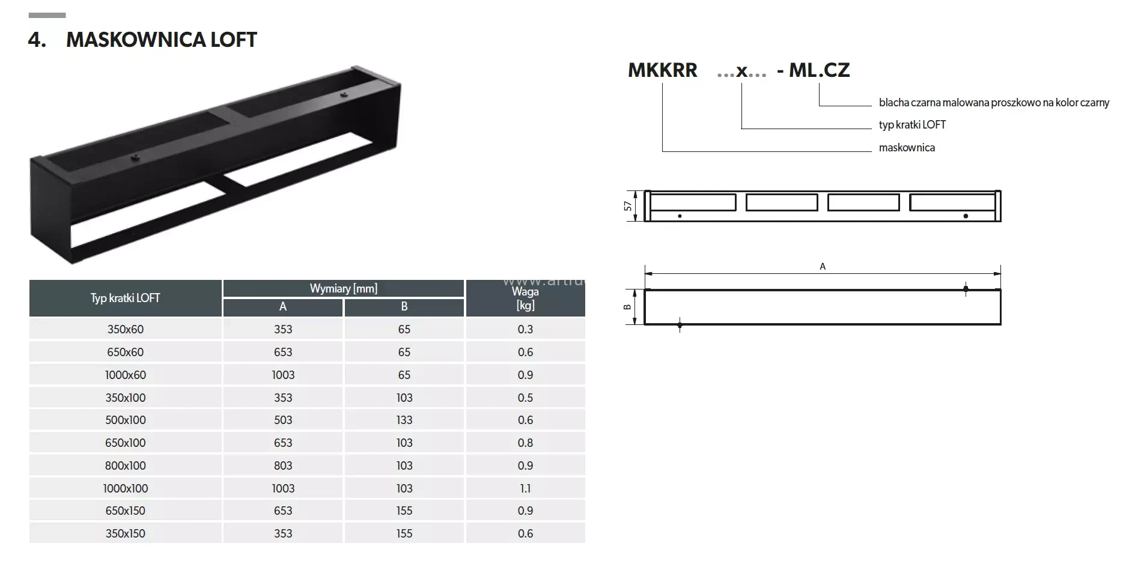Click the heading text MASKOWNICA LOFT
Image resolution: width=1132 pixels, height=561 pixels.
161,40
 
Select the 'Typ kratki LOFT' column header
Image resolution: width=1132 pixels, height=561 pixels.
125,298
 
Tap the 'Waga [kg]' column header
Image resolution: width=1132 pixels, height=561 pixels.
525,298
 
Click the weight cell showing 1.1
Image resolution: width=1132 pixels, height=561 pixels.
525,488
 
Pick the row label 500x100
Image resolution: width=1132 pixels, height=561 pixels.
125,420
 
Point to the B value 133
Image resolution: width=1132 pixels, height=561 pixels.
404,420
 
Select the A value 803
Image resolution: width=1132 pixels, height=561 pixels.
283,465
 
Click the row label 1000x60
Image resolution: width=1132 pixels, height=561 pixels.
125,375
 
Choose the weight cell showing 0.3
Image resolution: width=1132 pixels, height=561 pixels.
525,329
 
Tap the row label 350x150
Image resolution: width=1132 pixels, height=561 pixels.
125,533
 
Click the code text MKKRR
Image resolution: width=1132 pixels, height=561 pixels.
662,70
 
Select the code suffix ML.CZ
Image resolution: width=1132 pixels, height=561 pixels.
819,70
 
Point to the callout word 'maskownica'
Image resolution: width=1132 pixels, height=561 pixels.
907,148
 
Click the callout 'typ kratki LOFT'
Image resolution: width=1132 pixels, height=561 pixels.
912,125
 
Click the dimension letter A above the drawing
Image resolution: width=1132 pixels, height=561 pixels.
823,266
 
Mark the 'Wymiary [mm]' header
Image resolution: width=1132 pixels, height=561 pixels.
343,288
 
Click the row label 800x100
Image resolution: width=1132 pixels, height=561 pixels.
125,465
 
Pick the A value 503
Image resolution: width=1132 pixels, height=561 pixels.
283,420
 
